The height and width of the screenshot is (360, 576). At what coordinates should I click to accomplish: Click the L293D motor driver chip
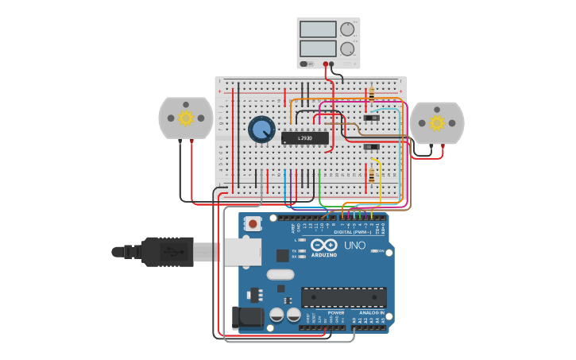(304, 137)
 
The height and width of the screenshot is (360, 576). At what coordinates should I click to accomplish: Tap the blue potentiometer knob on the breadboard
(261, 129)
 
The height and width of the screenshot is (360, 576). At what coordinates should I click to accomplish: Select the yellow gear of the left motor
(186, 118)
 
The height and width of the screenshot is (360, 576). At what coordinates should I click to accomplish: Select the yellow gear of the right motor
(436, 122)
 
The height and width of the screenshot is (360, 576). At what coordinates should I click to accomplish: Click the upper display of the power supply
(318, 29)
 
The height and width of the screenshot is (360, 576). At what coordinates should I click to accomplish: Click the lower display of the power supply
(318, 48)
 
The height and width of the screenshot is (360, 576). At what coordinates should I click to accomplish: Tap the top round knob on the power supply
(347, 29)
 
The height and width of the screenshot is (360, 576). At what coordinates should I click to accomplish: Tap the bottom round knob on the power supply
(347, 48)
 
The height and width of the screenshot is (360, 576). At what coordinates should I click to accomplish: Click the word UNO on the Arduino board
(355, 246)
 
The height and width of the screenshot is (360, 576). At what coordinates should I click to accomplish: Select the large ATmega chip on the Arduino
(343, 297)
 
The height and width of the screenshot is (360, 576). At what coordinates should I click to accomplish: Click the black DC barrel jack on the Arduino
(245, 318)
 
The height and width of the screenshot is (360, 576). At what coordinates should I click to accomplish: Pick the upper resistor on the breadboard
(372, 95)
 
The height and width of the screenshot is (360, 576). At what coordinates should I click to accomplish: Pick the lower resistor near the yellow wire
(372, 176)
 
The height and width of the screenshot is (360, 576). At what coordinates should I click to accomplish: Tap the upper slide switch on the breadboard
(371, 118)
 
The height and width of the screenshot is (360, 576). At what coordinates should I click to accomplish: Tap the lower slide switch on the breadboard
(371, 146)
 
